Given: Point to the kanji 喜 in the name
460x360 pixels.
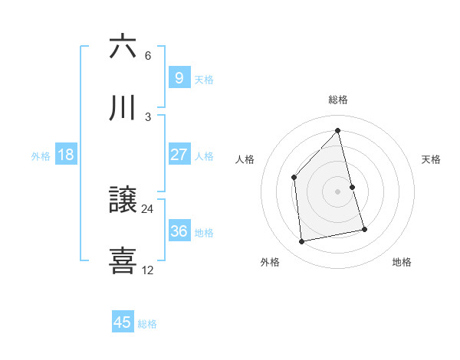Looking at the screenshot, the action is (x=123, y=260).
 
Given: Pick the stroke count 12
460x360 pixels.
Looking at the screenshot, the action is (x=148, y=270).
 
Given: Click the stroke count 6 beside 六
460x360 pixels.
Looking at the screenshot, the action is (x=148, y=56).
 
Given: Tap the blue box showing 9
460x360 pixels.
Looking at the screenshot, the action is (x=179, y=77).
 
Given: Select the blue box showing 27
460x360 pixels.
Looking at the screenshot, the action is (x=179, y=155).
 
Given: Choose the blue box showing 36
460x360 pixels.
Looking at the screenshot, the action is (x=179, y=231).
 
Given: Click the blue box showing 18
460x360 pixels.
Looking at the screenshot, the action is (x=66, y=155).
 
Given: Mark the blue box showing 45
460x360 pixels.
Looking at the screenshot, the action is (x=123, y=322).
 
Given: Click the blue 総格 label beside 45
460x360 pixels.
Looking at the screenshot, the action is (x=147, y=324).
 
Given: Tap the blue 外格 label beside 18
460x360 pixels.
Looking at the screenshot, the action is (x=41, y=156).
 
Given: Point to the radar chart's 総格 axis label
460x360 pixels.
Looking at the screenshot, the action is (x=338, y=100).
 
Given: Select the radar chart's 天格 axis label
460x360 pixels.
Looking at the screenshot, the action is (x=432, y=159).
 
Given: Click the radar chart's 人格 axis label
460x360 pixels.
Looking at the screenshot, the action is (x=245, y=159).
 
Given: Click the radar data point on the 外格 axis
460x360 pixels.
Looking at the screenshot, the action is (x=302, y=242).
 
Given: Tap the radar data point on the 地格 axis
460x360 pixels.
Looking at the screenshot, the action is (x=364, y=229).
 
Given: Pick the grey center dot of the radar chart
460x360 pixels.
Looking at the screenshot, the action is (x=338, y=191).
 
